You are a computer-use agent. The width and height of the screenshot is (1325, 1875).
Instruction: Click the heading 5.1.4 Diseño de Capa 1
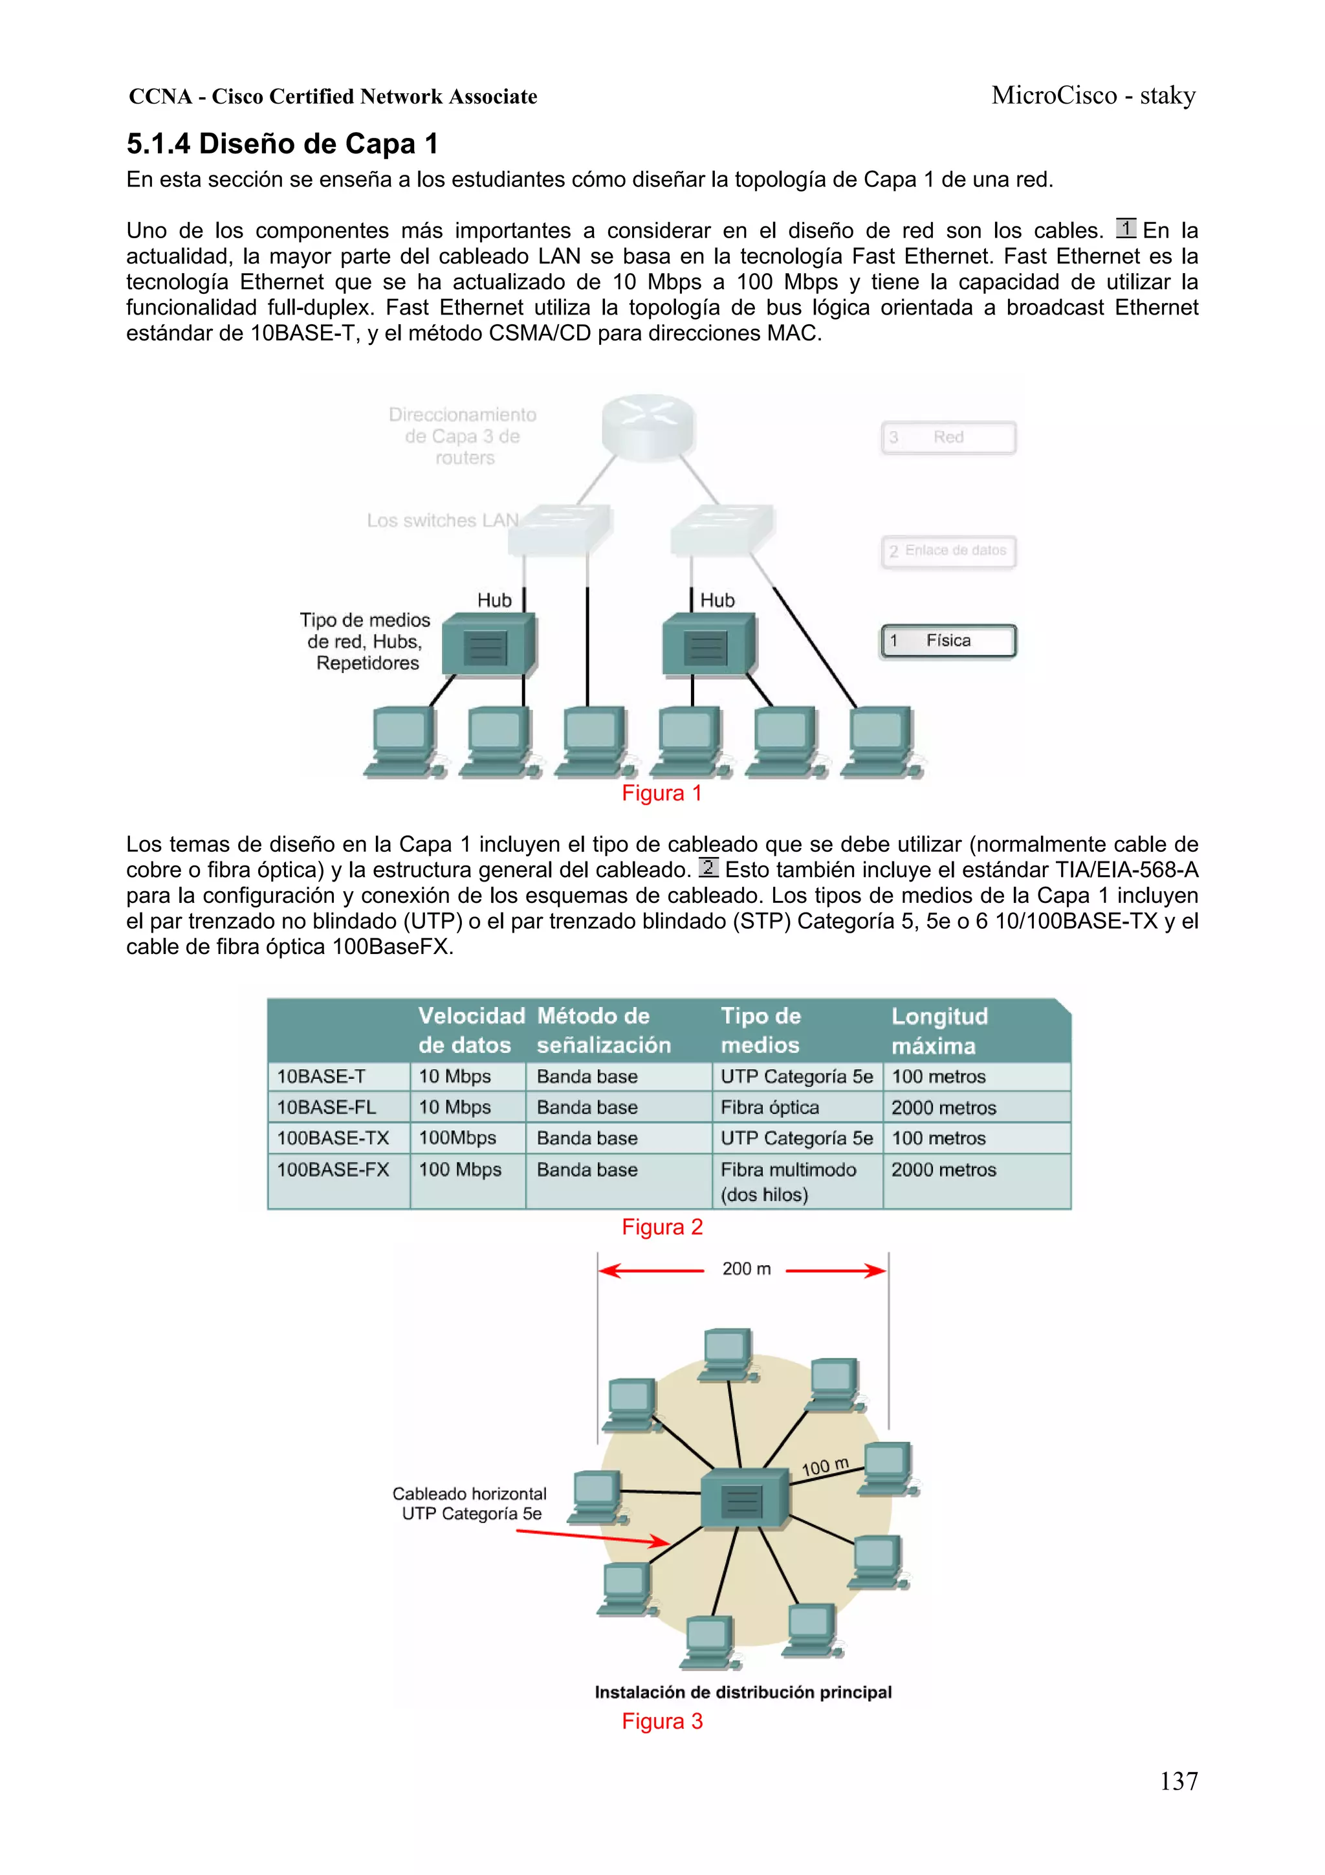pyautogui.click(x=283, y=144)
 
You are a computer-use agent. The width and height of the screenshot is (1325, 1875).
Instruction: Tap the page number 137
pyautogui.click(x=1178, y=1781)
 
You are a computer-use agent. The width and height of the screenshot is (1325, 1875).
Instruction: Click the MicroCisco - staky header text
pyautogui.click(x=1093, y=96)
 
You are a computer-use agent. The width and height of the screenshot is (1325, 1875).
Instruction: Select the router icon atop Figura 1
pyautogui.click(x=648, y=424)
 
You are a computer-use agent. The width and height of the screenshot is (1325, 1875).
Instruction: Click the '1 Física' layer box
pyautogui.click(x=948, y=641)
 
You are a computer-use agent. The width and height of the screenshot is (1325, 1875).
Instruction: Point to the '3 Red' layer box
pyautogui.click(x=948, y=438)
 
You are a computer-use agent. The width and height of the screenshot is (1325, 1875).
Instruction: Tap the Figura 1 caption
pyautogui.click(x=661, y=793)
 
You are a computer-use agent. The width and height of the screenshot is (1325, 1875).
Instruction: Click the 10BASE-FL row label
pyautogui.click(x=327, y=1107)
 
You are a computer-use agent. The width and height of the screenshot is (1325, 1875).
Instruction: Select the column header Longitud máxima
pyautogui.click(x=939, y=1030)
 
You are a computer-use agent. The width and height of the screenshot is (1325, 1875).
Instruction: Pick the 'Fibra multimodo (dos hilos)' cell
pyautogui.click(x=788, y=1182)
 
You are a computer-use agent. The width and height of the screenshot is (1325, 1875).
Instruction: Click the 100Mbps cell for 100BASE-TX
pyautogui.click(x=457, y=1138)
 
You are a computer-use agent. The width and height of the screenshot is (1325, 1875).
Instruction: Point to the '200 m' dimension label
pyautogui.click(x=746, y=1269)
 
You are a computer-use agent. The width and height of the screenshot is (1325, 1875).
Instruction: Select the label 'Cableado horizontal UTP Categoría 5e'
pyautogui.click(x=470, y=1503)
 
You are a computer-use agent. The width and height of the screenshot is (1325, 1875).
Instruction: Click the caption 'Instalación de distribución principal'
pyautogui.click(x=743, y=1692)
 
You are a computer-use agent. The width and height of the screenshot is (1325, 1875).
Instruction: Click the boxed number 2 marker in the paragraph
pyautogui.click(x=708, y=867)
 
